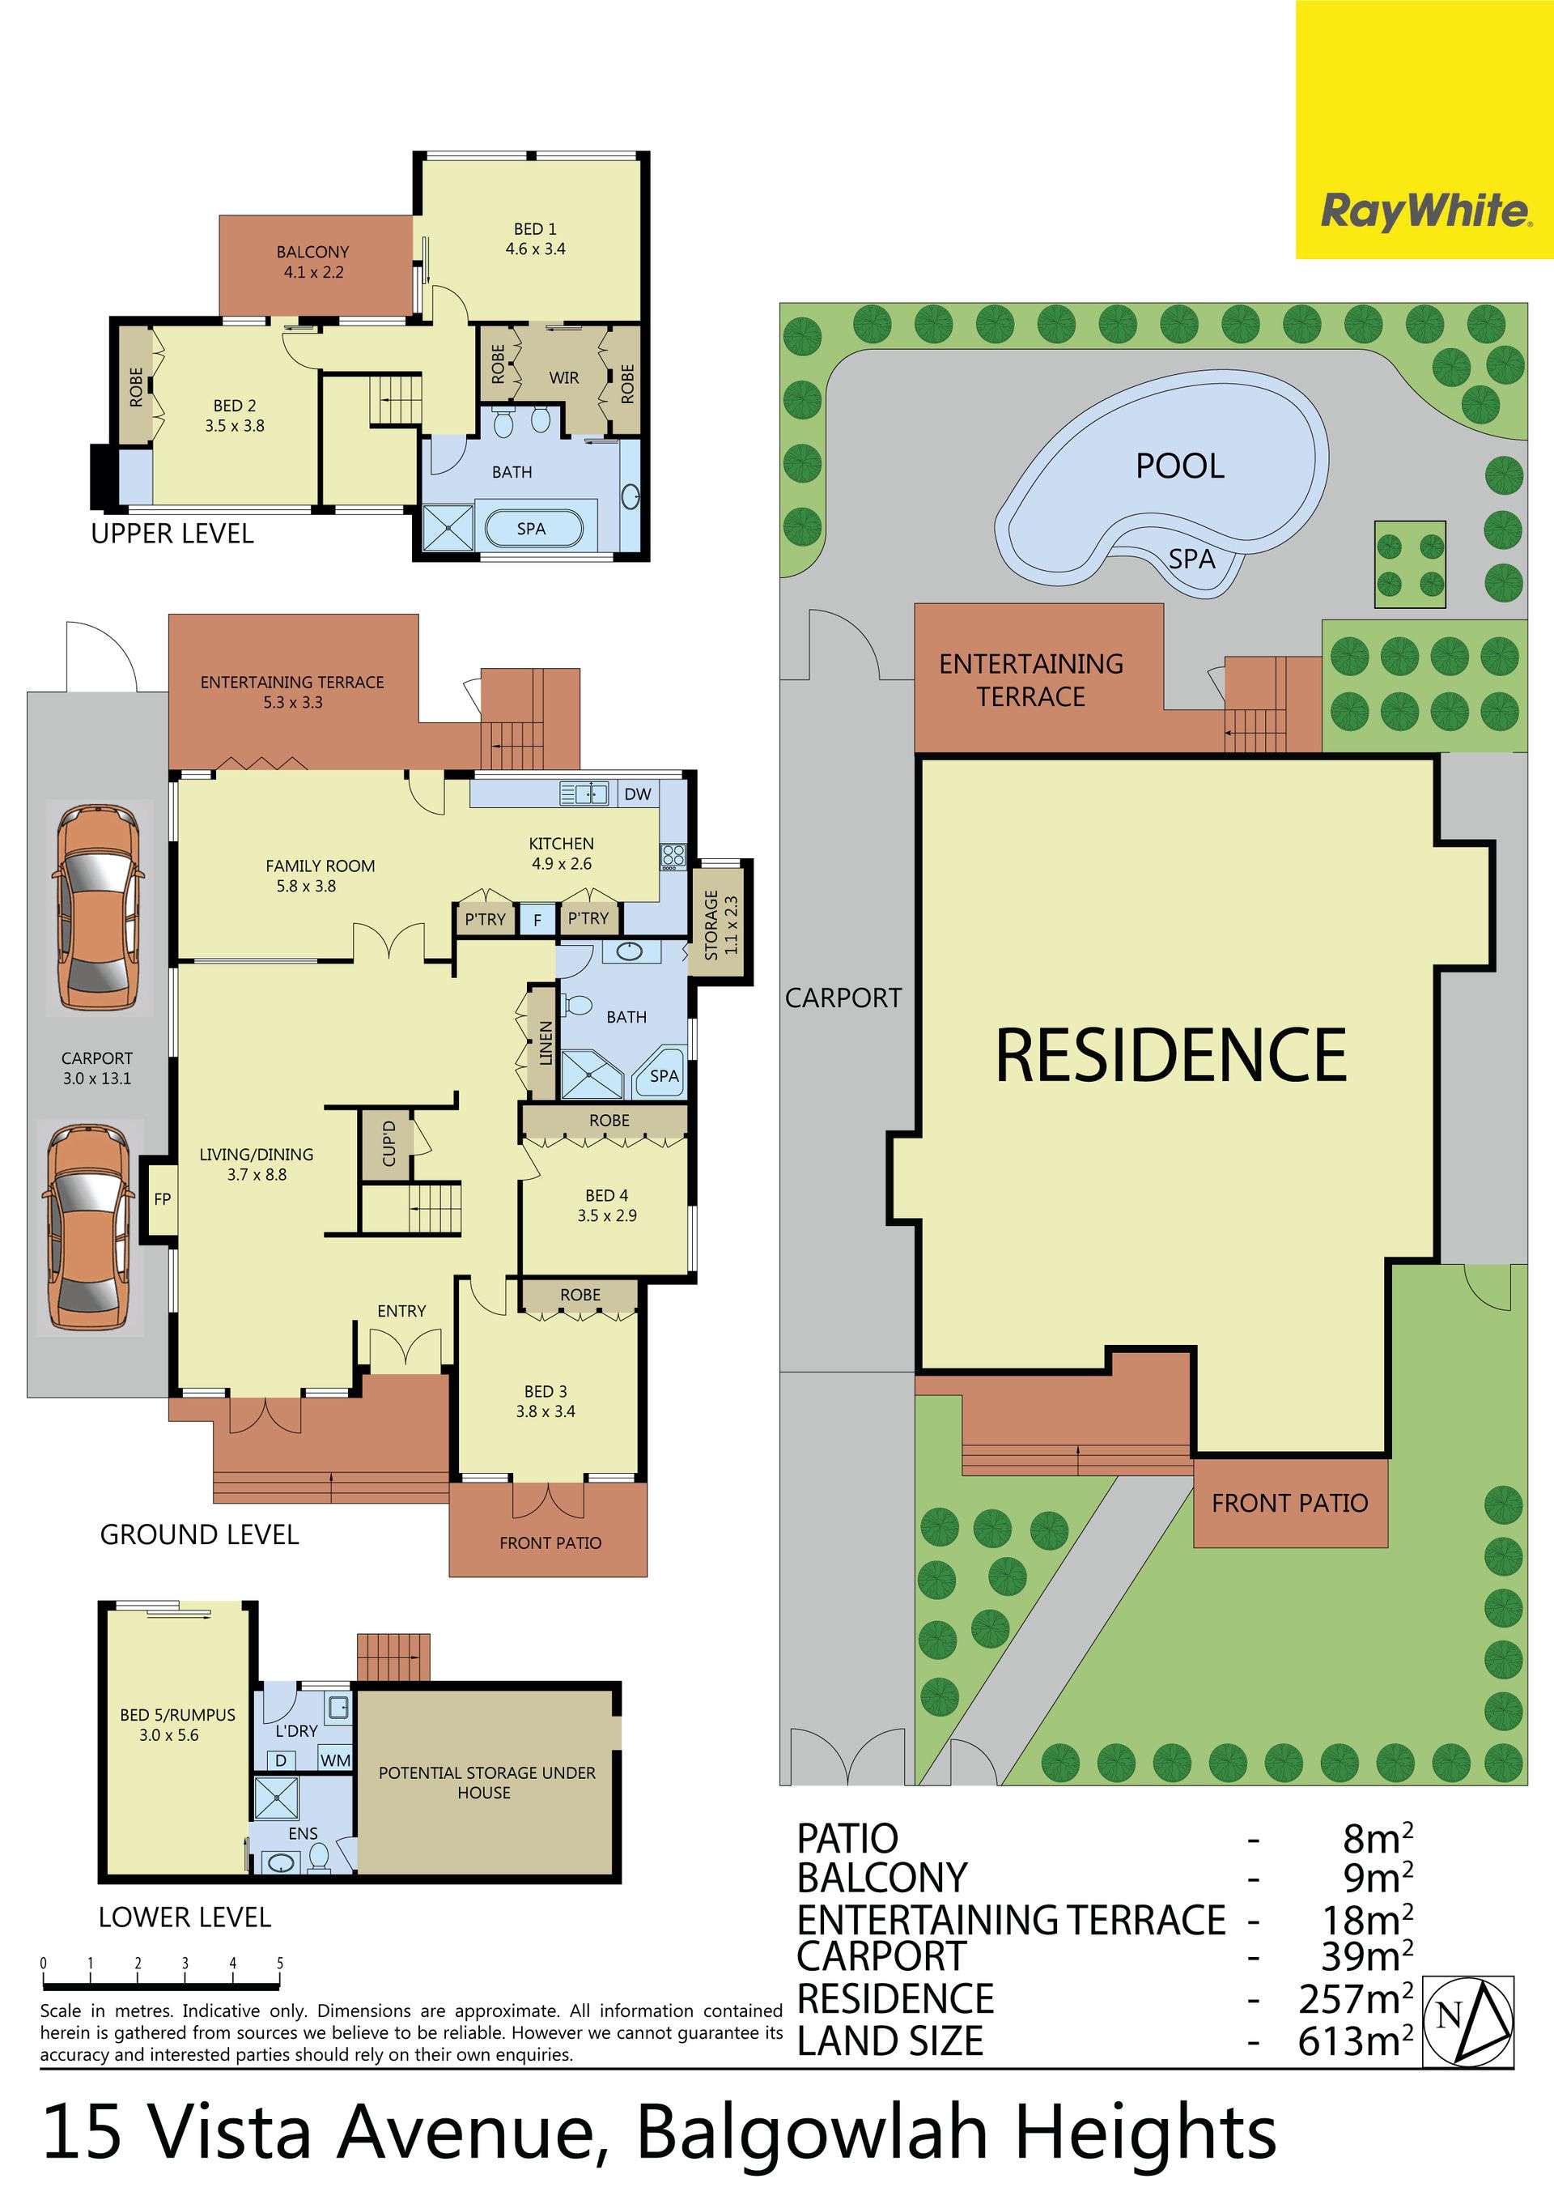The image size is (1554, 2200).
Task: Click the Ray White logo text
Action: [x=1425, y=211]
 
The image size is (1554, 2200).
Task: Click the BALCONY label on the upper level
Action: [x=313, y=262]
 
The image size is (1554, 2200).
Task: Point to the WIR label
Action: [x=563, y=377]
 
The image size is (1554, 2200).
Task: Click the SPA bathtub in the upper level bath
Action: [x=533, y=528]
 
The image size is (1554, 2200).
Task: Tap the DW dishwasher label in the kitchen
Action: [x=637, y=794]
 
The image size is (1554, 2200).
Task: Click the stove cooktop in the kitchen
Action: [x=673, y=856]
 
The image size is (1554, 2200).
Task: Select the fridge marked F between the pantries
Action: [x=537, y=920]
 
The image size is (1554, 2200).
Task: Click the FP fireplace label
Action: [x=162, y=1198]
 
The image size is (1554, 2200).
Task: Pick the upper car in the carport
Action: [x=100, y=908]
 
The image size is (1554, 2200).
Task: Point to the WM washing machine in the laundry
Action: [x=335, y=1760]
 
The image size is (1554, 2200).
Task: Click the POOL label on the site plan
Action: [x=1180, y=466]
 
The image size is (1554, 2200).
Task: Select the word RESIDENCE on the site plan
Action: [x=1171, y=1055]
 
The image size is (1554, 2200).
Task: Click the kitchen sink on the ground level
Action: [x=584, y=794]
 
